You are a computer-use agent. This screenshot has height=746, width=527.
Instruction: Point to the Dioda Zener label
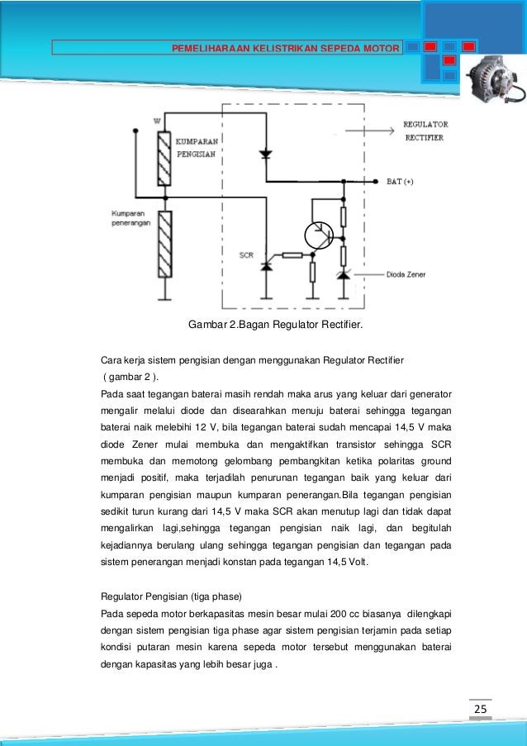click(406, 274)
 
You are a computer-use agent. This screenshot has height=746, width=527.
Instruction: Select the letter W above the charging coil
click(157, 121)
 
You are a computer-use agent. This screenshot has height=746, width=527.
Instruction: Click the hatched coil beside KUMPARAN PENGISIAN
click(165, 159)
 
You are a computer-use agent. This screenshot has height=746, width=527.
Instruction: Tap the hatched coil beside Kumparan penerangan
click(165, 245)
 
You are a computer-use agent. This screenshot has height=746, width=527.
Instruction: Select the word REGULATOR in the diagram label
click(425, 124)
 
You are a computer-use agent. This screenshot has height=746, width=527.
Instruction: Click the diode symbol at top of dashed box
click(265, 154)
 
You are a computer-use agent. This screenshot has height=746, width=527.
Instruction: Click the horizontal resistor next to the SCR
click(292, 255)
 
